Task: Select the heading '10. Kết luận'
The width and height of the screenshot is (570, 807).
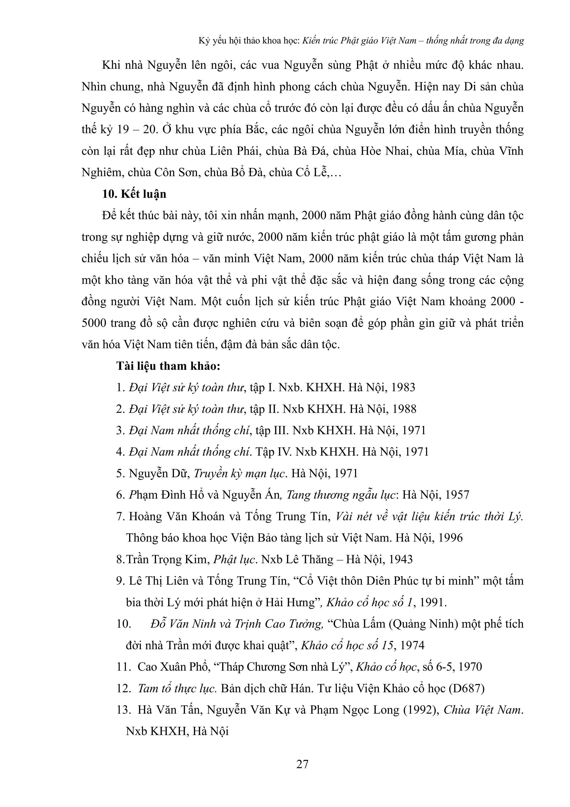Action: (134, 194)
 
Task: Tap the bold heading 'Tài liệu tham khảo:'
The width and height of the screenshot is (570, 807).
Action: (168, 366)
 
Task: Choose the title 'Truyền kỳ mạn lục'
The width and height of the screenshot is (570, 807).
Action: (241, 474)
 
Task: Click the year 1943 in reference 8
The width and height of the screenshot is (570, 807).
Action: (400, 560)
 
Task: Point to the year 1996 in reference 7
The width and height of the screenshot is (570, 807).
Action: (450, 538)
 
